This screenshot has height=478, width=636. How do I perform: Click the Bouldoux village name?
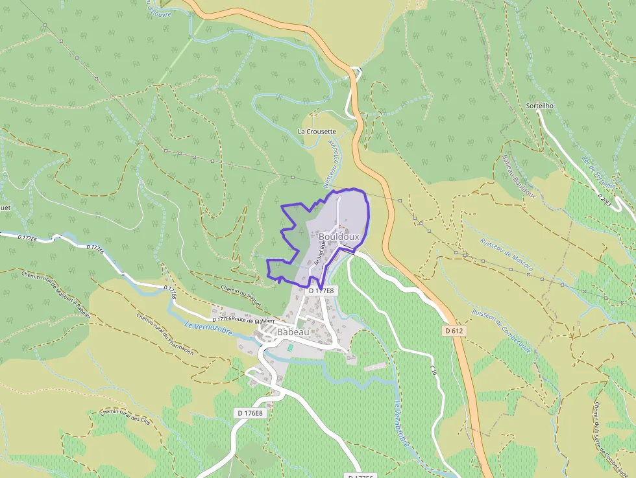[x=339, y=237]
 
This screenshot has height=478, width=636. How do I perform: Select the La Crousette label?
[x=317, y=131]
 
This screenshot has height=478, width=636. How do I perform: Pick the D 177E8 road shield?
[x=321, y=291]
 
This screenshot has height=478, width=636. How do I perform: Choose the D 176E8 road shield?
[x=250, y=412]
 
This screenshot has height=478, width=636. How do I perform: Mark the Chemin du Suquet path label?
[x=236, y=294]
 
